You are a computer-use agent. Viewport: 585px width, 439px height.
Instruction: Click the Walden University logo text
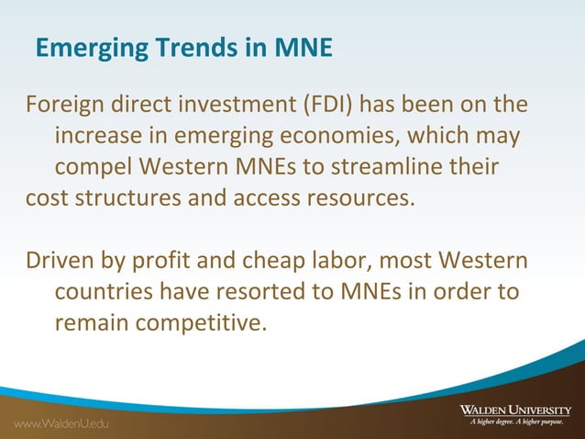[x=515, y=409]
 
